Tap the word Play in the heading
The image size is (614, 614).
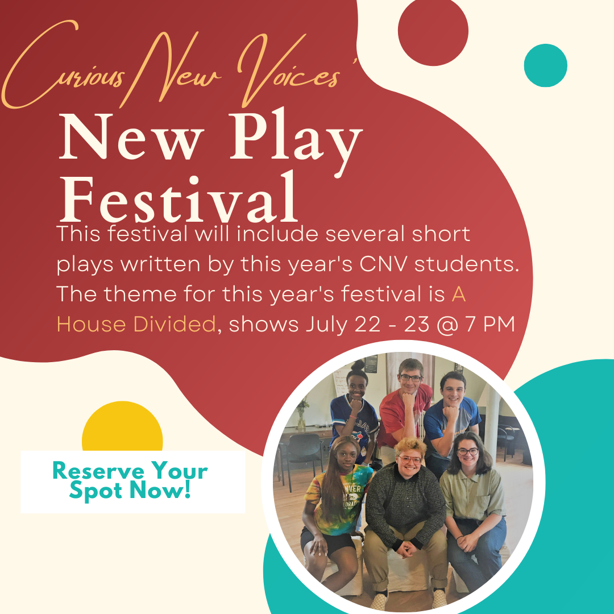tap(296, 143)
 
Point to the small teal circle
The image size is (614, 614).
tap(545, 65)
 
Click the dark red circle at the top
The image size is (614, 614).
tap(433, 31)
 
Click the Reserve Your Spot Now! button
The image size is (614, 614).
tap(132, 482)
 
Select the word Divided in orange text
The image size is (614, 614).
tap(175, 324)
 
